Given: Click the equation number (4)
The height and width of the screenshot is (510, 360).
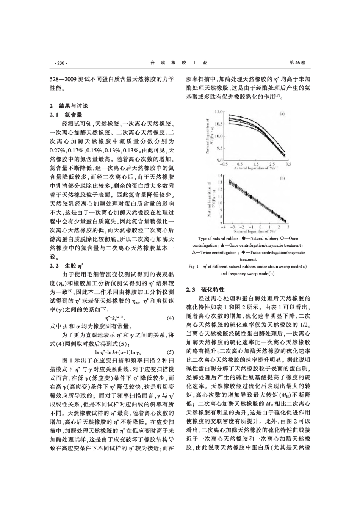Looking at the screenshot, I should coord(170,318).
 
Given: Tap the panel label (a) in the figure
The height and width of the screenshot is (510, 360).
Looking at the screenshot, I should coord(282,113).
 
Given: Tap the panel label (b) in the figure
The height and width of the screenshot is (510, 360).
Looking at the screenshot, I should coord(282,178).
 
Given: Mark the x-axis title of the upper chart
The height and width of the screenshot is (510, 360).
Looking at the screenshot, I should coord(256,168).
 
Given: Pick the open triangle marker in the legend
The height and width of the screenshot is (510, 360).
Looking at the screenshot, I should coord(194,252).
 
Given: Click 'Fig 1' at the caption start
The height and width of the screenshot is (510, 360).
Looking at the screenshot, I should coord(194,267).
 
